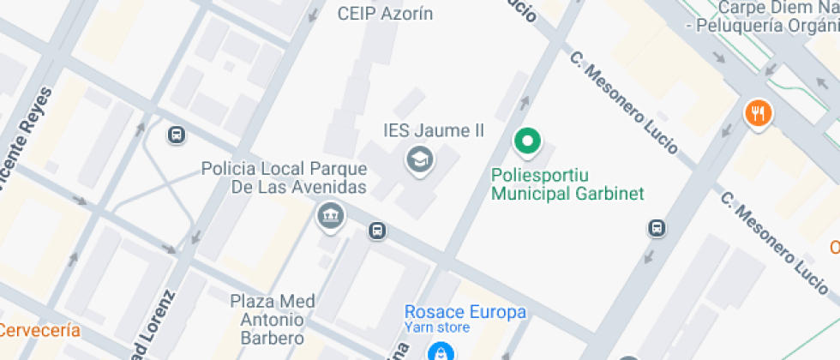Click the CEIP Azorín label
[x=385, y=14]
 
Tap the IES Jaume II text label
[x=433, y=131]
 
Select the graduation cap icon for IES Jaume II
[x=419, y=159]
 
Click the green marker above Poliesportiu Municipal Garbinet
[x=528, y=141]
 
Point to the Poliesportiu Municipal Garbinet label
[x=567, y=184]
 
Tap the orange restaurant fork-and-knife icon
[x=758, y=112]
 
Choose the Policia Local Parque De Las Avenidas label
[x=285, y=177]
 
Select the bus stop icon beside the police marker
[x=377, y=231]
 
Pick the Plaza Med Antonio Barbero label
[x=273, y=319]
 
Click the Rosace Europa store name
[x=465, y=311]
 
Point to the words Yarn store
[x=437, y=327]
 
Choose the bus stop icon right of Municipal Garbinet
[x=657, y=228]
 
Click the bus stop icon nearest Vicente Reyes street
[x=176, y=135]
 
